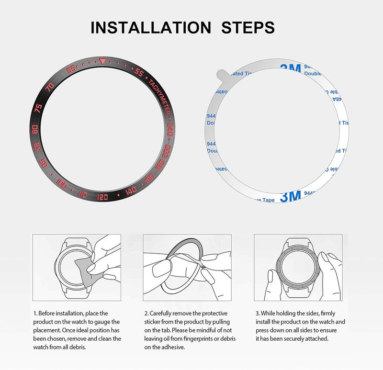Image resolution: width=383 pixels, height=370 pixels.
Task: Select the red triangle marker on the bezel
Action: (102, 61)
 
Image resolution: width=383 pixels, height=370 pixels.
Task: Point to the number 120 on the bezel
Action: (102, 197)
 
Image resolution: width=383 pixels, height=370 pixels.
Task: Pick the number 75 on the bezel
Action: (39, 108)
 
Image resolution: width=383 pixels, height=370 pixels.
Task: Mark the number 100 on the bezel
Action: (62, 183)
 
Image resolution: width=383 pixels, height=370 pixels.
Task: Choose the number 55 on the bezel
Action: (139, 73)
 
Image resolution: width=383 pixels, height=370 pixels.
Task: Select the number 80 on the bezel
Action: (34, 129)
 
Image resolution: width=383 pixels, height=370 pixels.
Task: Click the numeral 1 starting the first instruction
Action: (34, 313)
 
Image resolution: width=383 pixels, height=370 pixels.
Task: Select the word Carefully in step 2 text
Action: (164, 313)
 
